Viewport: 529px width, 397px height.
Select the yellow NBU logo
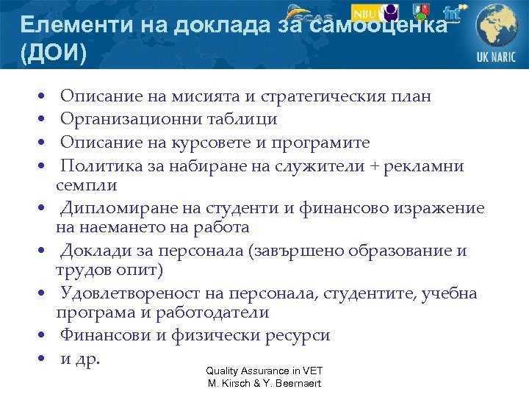pos(366,13)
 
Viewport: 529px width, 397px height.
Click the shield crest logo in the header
pos(422,12)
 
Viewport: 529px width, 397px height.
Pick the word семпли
pos(86,185)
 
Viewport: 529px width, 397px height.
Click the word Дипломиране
pos(113,208)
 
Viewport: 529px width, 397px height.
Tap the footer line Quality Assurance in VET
pos(264,371)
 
